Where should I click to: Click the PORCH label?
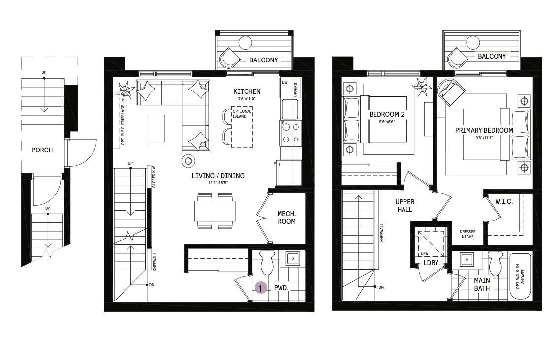42,150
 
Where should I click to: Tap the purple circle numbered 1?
261,288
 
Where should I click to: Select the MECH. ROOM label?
286,218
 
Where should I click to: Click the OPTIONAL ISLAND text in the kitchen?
242,114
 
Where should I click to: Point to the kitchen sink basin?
290,109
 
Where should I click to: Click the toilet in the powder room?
266,263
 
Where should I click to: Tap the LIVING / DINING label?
218,176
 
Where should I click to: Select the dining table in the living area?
215,211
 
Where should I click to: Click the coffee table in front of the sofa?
156,128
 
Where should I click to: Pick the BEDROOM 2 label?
387,114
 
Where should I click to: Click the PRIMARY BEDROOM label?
484,131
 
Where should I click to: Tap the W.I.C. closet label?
504,202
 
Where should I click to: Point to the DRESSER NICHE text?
467,234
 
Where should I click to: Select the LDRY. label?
432,263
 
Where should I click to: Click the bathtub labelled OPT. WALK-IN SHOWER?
520,276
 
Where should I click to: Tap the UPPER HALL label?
404,206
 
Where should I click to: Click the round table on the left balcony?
246,43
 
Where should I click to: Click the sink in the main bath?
467,259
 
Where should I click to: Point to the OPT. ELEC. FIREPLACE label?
123,125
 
